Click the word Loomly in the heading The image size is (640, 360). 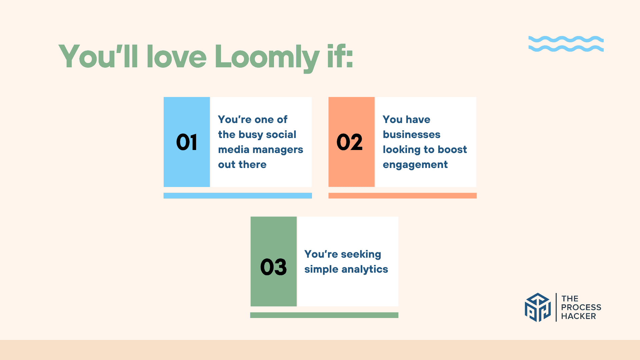[x=267, y=57]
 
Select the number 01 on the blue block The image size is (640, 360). [x=187, y=142]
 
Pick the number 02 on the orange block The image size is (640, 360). [x=349, y=142]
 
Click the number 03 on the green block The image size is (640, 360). [x=273, y=267]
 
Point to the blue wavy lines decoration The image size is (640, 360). [x=566, y=44]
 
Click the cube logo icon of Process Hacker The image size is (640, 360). [x=538, y=307]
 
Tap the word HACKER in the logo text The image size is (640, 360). [x=578, y=316]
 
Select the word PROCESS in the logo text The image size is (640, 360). [x=581, y=307]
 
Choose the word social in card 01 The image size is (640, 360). [x=281, y=134]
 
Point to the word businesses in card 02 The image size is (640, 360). [x=411, y=134]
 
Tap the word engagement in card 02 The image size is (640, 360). [x=415, y=165]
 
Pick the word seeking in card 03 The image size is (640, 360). [x=361, y=255]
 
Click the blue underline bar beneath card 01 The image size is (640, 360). [x=238, y=196]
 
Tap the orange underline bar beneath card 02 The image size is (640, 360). [x=402, y=196]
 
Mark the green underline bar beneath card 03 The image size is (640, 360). [x=324, y=315]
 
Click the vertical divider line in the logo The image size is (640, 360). [x=556, y=307]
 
